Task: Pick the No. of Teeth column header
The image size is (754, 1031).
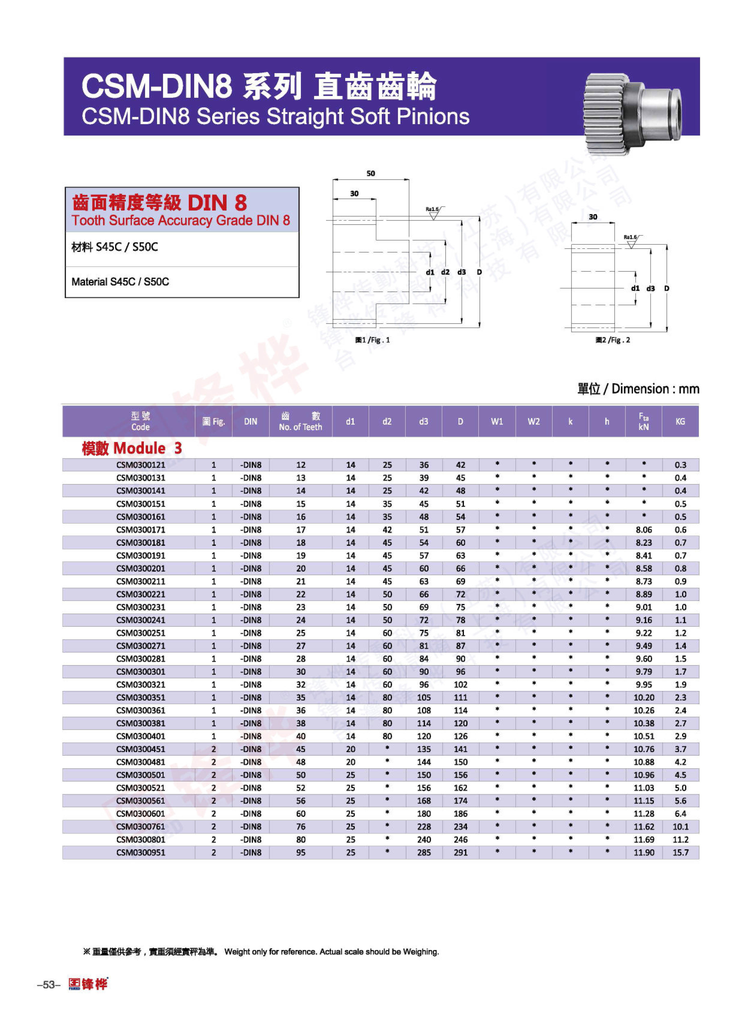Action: click(x=300, y=421)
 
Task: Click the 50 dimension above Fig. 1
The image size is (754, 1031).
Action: click(x=371, y=174)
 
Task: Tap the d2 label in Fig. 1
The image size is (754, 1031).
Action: click(x=445, y=272)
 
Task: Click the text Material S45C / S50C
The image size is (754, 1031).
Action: click(x=120, y=282)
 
